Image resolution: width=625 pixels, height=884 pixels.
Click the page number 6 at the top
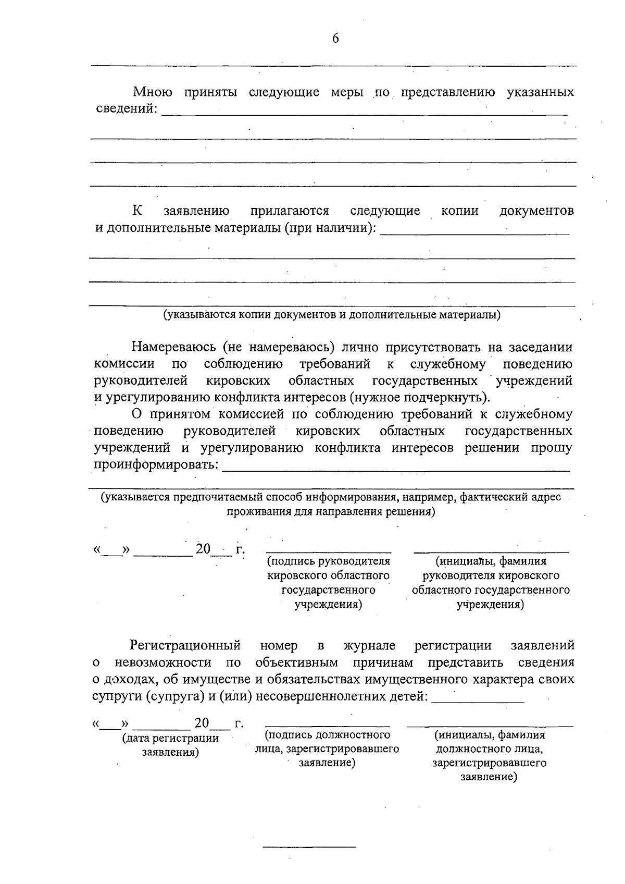click(335, 39)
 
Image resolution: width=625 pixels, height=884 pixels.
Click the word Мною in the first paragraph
click(153, 93)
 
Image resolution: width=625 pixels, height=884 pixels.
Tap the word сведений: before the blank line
click(127, 109)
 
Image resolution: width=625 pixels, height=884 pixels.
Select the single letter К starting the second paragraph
click(137, 211)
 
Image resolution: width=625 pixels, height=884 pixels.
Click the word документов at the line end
click(536, 211)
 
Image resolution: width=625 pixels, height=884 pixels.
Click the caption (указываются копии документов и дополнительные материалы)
click(332, 315)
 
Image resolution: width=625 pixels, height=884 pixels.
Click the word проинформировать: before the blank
click(156, 464)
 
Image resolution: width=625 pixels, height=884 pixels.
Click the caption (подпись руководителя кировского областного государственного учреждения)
click(328, 583)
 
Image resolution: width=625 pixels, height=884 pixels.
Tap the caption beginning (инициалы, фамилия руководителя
click(491, 583)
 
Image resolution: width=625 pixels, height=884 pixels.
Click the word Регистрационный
click(185, 646)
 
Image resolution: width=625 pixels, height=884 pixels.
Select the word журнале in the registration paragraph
click(369, 646)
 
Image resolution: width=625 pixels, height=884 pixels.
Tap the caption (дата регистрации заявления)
click(170, 745)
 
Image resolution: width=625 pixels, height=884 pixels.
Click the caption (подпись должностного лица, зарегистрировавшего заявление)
click(327, 749)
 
